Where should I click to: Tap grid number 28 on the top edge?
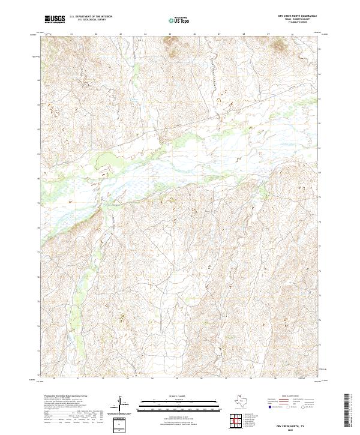[x=268, y=34]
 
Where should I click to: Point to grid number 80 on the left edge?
[x=37, y=178]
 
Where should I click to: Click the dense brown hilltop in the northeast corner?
[x=280, y=43]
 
